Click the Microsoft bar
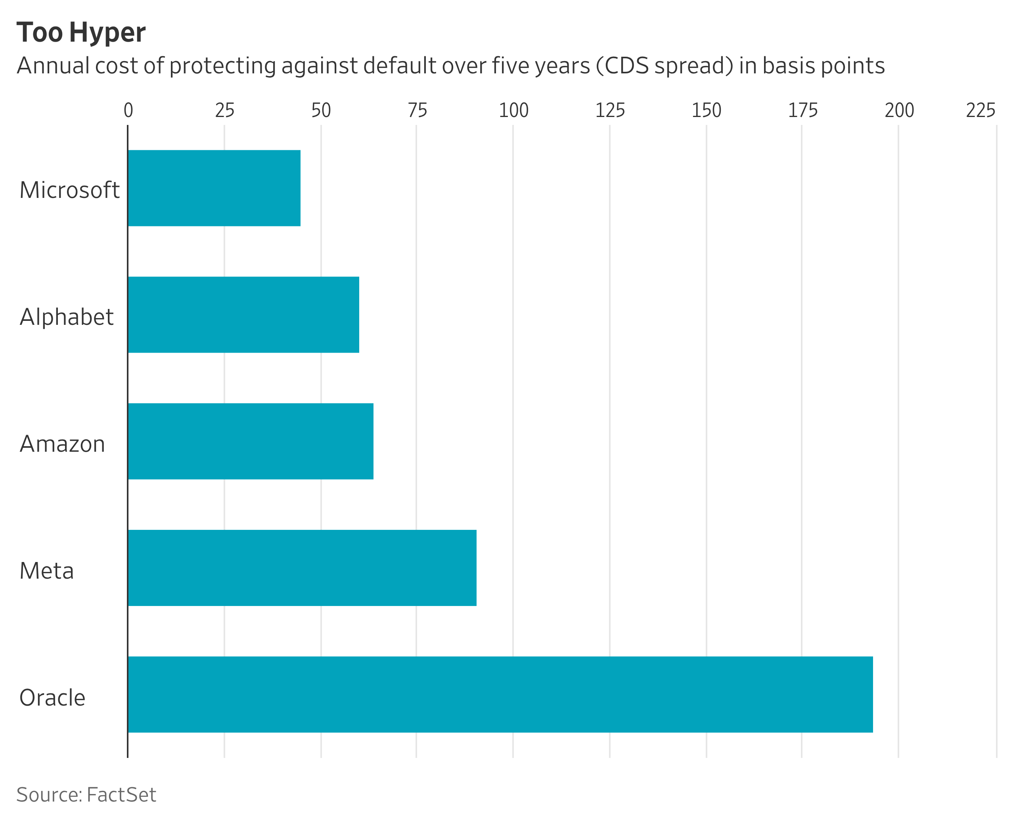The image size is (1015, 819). click(x=214, y=188)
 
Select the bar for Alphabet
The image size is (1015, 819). click(x=243, y=315)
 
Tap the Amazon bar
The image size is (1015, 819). click(x=251, y=441)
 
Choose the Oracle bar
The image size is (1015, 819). click(x=500, y=694)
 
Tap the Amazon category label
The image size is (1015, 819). click(x=62, y=443)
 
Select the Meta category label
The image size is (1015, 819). click(x=47, y=570)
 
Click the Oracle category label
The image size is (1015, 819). click(x=52, y=697)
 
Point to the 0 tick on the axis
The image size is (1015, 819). click(x=128, y=110)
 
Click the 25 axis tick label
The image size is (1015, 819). click(x=225, y=110)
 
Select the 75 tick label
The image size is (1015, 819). click(x=417, y=110)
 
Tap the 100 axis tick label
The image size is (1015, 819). click(x=513, y=110)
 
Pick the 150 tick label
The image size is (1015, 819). click(x=707, y=110)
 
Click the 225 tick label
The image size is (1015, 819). click(x=981, y=110)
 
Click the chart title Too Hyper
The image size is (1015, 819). click(x=81, y=33)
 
